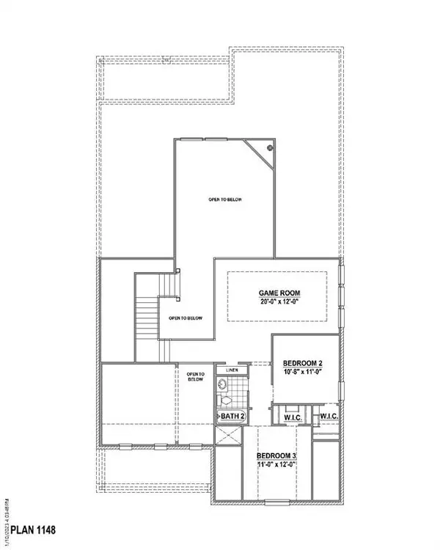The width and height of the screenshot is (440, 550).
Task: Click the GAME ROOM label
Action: click(x=279, y=293)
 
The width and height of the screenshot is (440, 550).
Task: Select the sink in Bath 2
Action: click(x=221, y=384)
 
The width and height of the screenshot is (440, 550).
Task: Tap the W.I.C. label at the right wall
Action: click(x=329, y=417)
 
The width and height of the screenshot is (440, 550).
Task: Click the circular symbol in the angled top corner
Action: click(x=270, y=147)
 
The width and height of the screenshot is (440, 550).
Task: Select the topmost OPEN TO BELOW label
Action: click(x=223, y=199)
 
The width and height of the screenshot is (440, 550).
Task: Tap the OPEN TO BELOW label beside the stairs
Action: click(x=186, y=318)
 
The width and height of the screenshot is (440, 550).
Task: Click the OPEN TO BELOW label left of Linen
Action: click(x=195, y=376)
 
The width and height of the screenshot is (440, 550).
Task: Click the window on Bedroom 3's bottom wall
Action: click(x=276, y=502)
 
